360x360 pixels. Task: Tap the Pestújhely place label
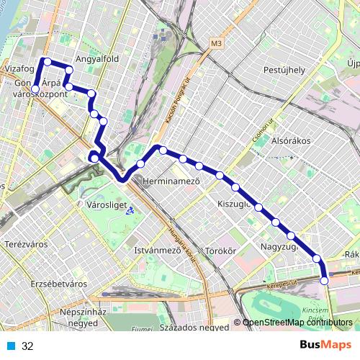(284, 70)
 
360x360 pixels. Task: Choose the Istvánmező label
(158, 251)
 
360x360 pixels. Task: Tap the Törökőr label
(221, 251)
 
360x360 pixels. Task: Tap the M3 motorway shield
(217, 44)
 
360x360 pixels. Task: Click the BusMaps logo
(326, 346)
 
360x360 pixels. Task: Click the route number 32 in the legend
(27, 346)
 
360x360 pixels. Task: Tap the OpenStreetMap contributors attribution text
(297, 323)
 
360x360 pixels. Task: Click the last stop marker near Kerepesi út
(324, 281)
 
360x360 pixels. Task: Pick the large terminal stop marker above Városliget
(94, 158)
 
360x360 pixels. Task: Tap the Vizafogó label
(18, 69)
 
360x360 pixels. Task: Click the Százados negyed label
(194, 327)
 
